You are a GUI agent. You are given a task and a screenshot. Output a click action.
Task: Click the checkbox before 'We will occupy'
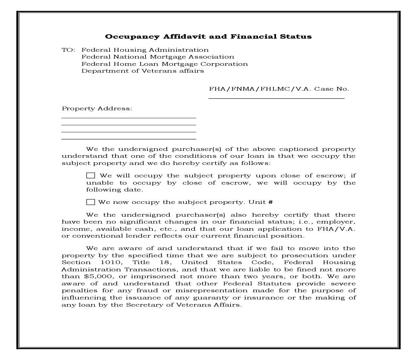(91, 176)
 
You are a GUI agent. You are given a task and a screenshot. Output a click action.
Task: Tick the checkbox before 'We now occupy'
(91, 202)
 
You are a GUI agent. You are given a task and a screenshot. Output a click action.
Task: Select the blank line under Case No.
(276, 98)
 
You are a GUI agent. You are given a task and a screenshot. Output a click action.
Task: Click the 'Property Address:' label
(97, 109)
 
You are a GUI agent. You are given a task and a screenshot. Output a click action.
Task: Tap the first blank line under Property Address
(129, 117)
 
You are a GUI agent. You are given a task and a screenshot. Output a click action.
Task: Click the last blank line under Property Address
(129, 139)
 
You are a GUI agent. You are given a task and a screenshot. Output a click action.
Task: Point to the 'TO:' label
(68, 50)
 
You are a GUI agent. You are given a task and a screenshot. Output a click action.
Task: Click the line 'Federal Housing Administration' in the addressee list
(145, 50)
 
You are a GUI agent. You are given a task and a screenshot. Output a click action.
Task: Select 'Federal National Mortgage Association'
(158, 57)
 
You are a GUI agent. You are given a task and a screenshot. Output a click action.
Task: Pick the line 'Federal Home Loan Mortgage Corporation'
(165, 64)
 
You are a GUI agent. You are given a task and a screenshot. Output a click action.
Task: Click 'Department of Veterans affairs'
(143, 71)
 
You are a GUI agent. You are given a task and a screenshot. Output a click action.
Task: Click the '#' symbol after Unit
(270, 202)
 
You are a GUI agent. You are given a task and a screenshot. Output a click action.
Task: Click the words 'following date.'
(114, 190)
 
